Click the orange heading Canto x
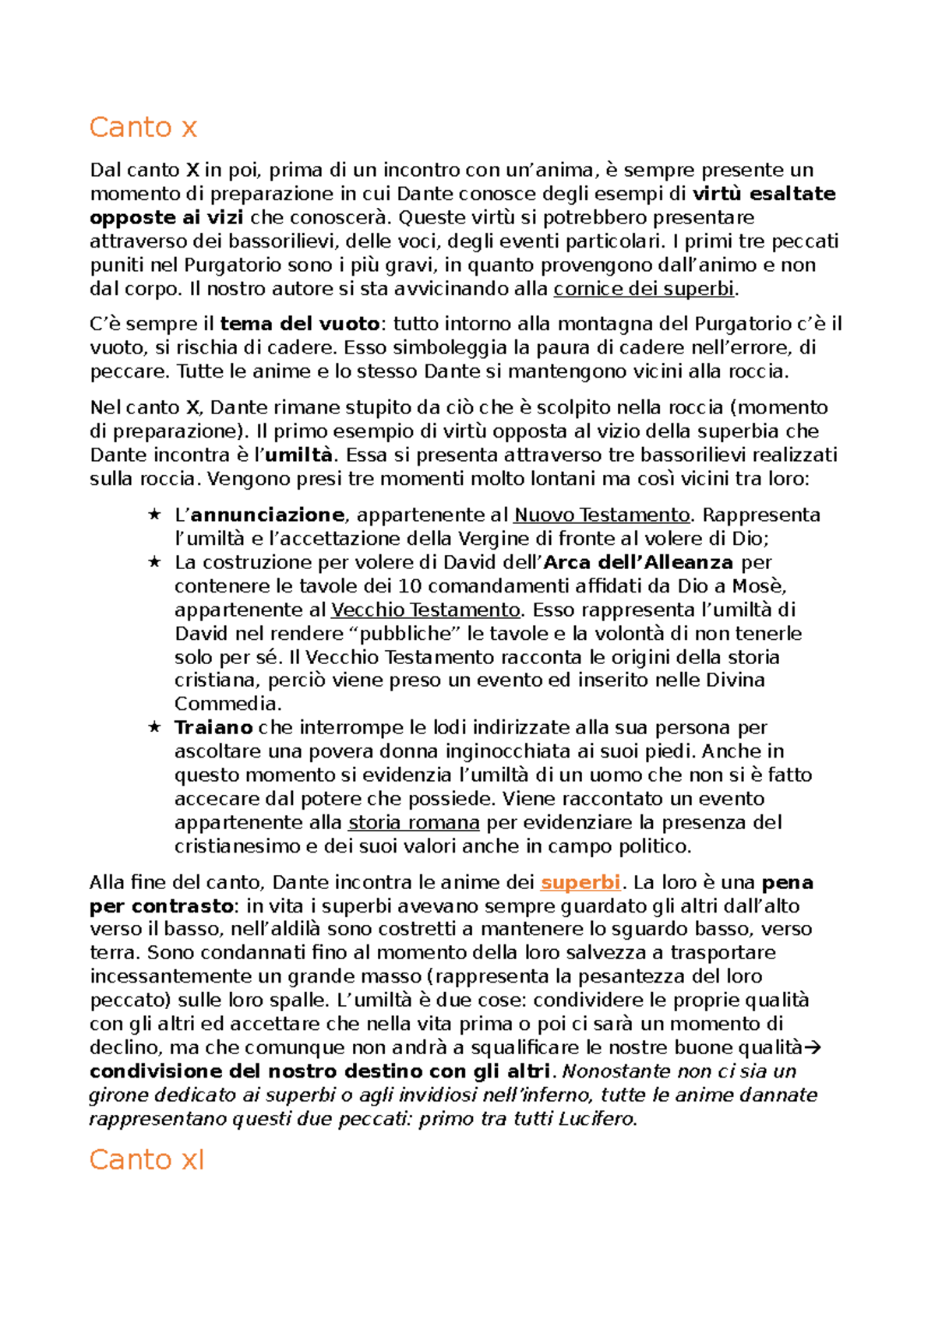pos(143,127)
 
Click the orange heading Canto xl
pos(146,1159)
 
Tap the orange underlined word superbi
pos(580,882)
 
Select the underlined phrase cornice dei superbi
pos(644,289)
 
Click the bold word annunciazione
pos(267,515)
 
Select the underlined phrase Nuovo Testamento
pos(602,515)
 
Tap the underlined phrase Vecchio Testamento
pos(425,610)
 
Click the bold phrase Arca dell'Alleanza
pos(638,562)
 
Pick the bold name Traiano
pos(213,727)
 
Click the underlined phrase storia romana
pos(414,822)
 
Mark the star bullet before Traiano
pos(154,727)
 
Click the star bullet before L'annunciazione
pos(154,515)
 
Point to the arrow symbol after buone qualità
pos(813,1048)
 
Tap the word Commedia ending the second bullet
pos(226,704)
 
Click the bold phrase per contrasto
pos(161,906)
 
